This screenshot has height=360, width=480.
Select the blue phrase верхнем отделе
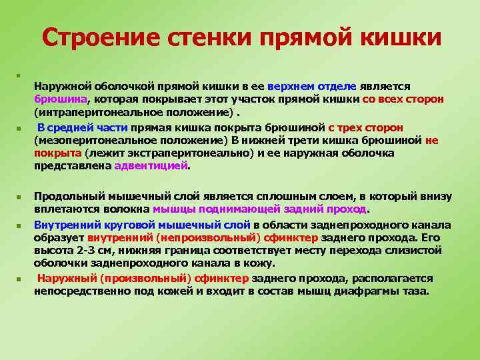tap(312, 87)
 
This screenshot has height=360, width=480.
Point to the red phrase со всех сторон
tap(403, 99)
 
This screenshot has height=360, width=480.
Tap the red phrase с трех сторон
tap(365, 127)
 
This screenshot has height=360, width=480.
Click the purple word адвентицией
tap(152, 167)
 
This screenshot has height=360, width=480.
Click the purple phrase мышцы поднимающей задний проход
tap(260, 209)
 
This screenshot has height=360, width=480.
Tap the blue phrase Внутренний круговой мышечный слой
tap(142, 225)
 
